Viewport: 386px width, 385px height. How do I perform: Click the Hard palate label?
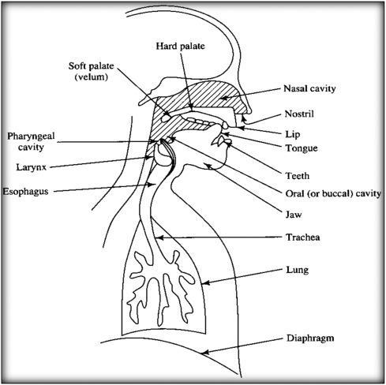(x=180, y=46)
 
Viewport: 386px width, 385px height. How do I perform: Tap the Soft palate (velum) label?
(x=91, y=71)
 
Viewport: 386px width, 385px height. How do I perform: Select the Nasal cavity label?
(x=309, y=88)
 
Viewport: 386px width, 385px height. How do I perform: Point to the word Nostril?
(x=299, y=114)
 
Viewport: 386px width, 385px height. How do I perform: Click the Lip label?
(x=293, y=134)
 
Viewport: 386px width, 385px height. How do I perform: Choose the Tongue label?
(x=302, y=148)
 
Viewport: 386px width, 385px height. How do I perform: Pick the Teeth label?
(x=298, y=176)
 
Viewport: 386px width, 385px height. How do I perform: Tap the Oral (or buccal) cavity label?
(x=333, y=194)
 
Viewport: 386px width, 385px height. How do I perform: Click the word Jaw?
(x=294, y=215)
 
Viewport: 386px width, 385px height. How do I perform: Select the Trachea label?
(x=303, y=237)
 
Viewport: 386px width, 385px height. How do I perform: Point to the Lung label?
(x=298, y=270)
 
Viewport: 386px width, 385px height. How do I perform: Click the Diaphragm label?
(x=310, y=338)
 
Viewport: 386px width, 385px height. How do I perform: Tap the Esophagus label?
(x=25, y=192)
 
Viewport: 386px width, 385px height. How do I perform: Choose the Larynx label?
(x=32, y=167)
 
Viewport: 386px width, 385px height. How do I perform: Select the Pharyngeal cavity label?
(x=31, y=141)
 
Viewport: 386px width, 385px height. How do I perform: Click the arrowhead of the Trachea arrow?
(x=159, y=237)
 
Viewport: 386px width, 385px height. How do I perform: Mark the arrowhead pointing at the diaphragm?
(x=204, y=353)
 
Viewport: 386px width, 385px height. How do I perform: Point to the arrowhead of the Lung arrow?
(x=206, y=283)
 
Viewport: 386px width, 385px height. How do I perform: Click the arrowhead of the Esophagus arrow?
(x=152, y=185)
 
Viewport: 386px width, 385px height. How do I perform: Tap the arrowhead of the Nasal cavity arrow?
(x=223, y=99)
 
